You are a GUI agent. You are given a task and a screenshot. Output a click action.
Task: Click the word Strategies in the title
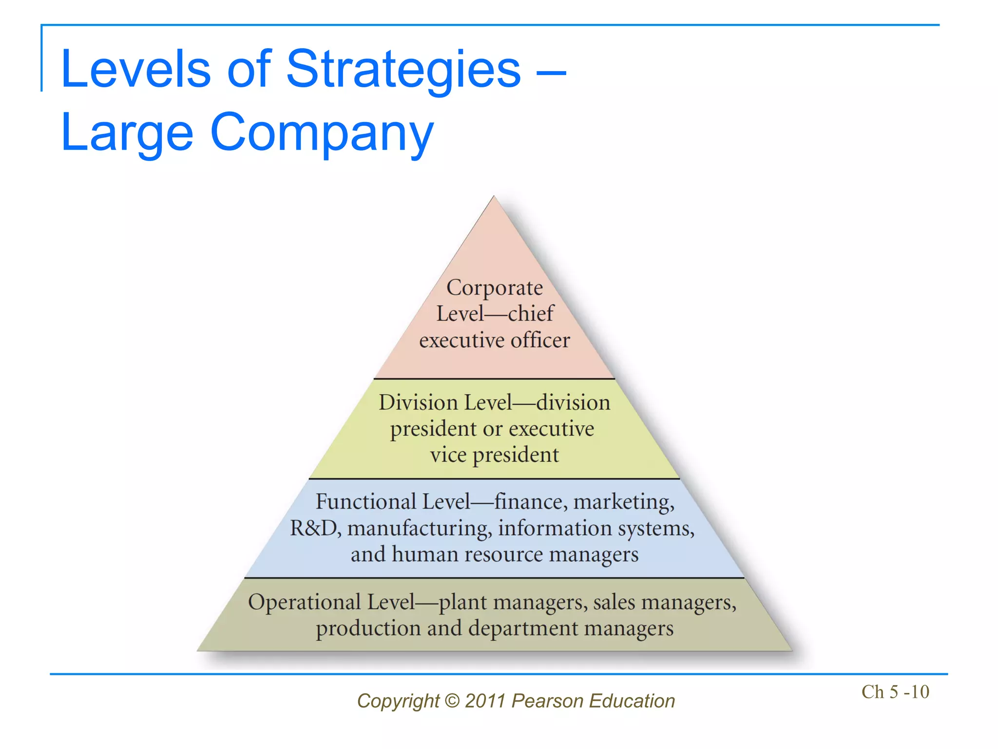(x=403, y=69)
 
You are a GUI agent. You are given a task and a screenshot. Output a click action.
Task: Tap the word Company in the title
(x=322, y=133)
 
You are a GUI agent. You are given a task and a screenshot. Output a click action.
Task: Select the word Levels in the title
(x=136, y=69)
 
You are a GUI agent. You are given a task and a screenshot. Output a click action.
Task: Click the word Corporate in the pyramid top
(x=494, y=288)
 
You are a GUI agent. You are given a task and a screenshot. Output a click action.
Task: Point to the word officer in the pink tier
(x=540, y=340)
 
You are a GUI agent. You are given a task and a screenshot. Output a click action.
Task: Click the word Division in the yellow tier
(x=419, y=403)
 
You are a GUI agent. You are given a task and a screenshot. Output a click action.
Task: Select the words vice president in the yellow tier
(x=494, y=455)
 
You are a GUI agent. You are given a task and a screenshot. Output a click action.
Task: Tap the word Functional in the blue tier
(x=366, y=502)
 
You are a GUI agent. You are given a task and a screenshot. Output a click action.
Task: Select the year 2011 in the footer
(x=485, y=701)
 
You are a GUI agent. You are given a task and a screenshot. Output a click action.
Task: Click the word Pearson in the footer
(x=548, y=701)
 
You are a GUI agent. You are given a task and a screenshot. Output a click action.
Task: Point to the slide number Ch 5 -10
(x=895, y=692)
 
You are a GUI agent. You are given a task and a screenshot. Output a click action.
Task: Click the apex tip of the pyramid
(x=494, y=197)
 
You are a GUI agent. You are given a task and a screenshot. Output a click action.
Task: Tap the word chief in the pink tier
(x=531, y=314)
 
